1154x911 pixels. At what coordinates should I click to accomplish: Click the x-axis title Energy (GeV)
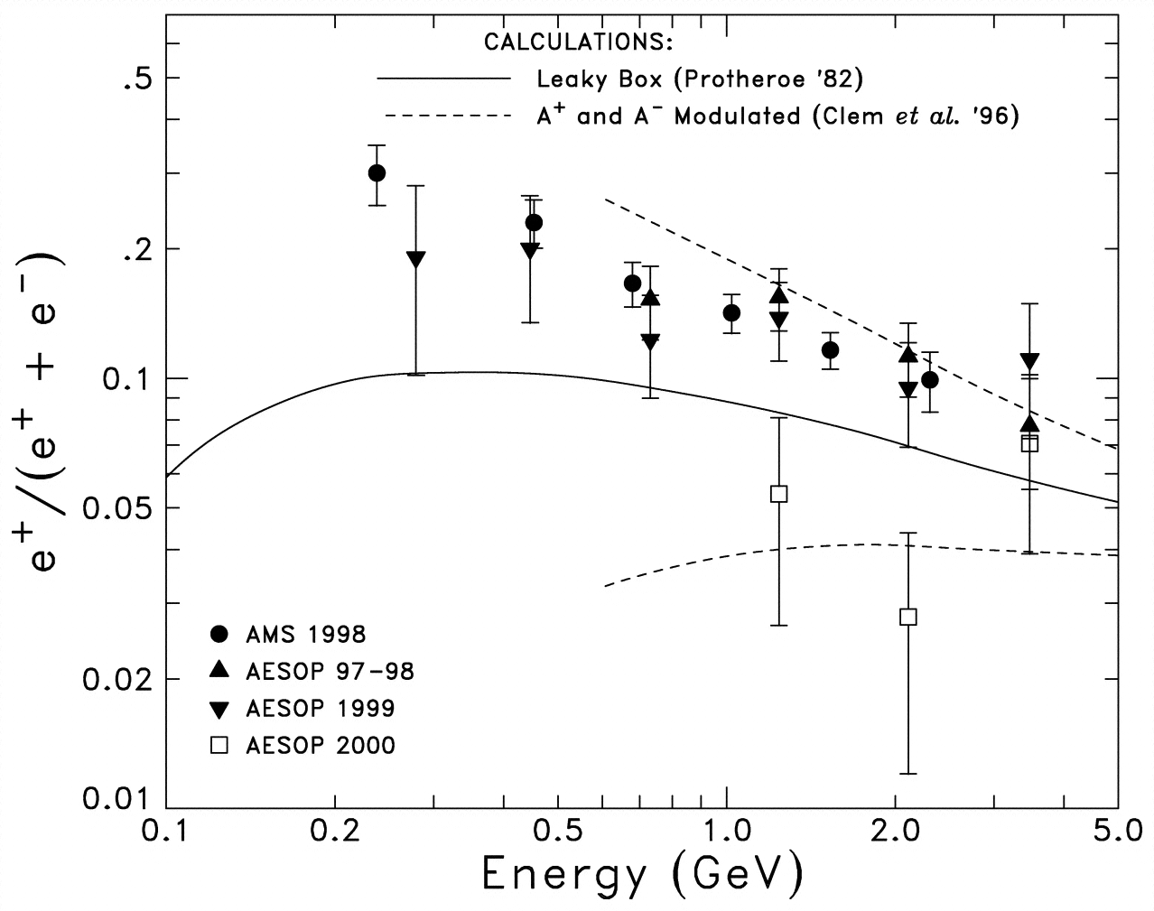click(642, 872)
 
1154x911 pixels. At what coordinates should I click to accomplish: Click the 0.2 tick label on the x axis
click(335, 830)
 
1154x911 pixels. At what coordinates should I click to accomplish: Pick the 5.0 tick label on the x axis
click(1116, 830)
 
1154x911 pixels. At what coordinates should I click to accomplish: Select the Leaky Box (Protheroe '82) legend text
click(700, 79)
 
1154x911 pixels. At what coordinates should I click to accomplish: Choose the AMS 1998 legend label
click(306, 634)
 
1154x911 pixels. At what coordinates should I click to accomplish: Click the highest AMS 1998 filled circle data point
click(377, 172)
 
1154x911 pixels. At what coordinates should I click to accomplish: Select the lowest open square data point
click(908, 617)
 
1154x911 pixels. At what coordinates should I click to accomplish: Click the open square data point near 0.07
click(1029, 443)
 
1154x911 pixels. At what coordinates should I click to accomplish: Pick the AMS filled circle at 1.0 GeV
click(731, 313)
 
